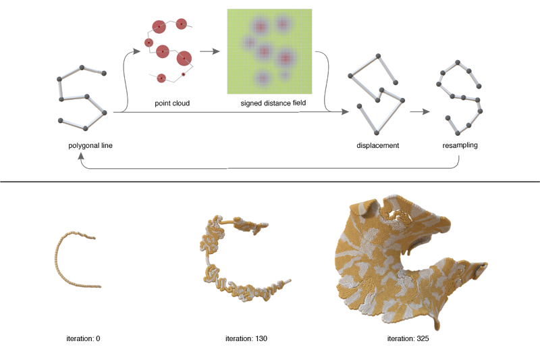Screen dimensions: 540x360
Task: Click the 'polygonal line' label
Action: click(90, 145)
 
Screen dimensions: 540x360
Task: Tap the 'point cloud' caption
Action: click(172, 103)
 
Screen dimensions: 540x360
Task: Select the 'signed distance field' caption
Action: click(273, 103)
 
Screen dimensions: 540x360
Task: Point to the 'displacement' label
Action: click(378, 145)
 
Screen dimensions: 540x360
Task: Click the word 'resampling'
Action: click(460, 145)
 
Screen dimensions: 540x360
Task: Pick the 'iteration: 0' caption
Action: click(83, 338)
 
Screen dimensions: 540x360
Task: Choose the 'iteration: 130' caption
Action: click(246, 338)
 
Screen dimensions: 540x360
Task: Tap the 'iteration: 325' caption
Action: click(408, 338)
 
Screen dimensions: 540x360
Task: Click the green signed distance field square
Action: click(269, 51)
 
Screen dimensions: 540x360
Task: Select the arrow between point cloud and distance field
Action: click(210, 51)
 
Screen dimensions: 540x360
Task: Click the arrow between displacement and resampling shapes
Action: click(420, 111)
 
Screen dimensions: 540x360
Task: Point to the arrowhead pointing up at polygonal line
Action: click(81, 157)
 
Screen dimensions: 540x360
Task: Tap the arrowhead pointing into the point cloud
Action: click(137, 51)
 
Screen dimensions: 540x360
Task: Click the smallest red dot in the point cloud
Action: click(183, 74)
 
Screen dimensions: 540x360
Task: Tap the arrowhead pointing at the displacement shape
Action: click(345, 111)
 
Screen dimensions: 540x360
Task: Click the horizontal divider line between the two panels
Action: click(270, 182)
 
